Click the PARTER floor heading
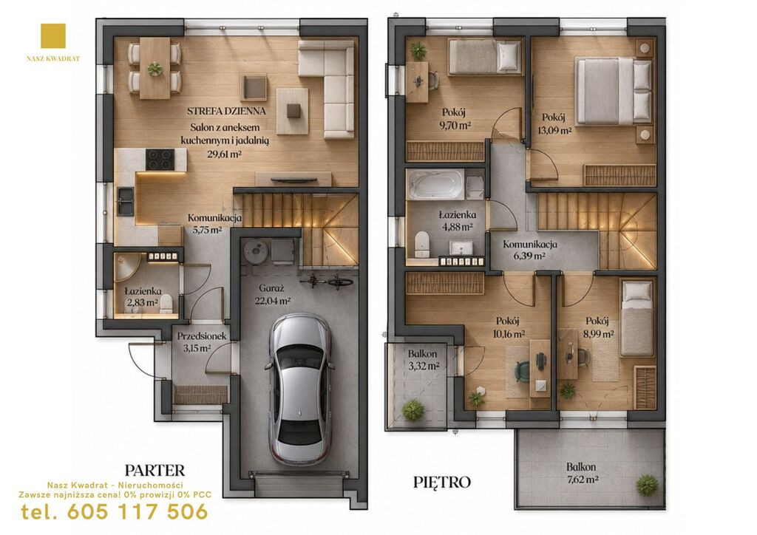click(x=155, y=470)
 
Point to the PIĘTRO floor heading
click(x=442, y=482)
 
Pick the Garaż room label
click(x=271, y=288)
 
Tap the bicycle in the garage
click(x=327, y=280)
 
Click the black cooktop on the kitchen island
click(x=160, y=159)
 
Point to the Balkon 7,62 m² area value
click(x=583, y=480)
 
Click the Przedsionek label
click(x=201, y=336)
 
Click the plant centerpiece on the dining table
click(x=155, y=69)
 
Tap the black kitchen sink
click(x=126, y=202)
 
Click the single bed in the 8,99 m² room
click(x=637, y=319)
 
